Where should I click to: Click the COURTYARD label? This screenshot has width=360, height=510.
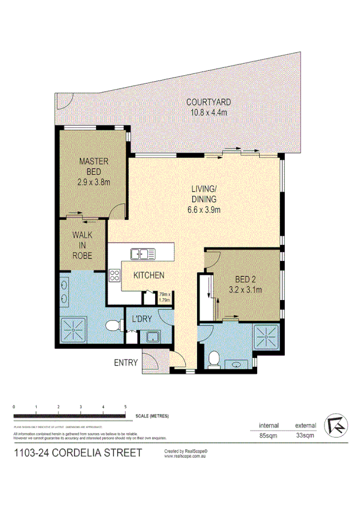207,102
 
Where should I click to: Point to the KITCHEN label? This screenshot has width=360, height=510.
148,275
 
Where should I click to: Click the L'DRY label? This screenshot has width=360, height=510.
142,319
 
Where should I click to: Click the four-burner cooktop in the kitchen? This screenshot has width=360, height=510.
114,276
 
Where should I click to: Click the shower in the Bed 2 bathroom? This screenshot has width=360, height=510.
266,336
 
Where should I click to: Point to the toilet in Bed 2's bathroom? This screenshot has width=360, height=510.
212,358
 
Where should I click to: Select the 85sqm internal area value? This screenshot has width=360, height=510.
267,435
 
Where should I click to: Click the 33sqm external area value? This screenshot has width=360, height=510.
305,435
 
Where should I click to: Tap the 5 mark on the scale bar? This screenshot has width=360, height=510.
125,408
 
